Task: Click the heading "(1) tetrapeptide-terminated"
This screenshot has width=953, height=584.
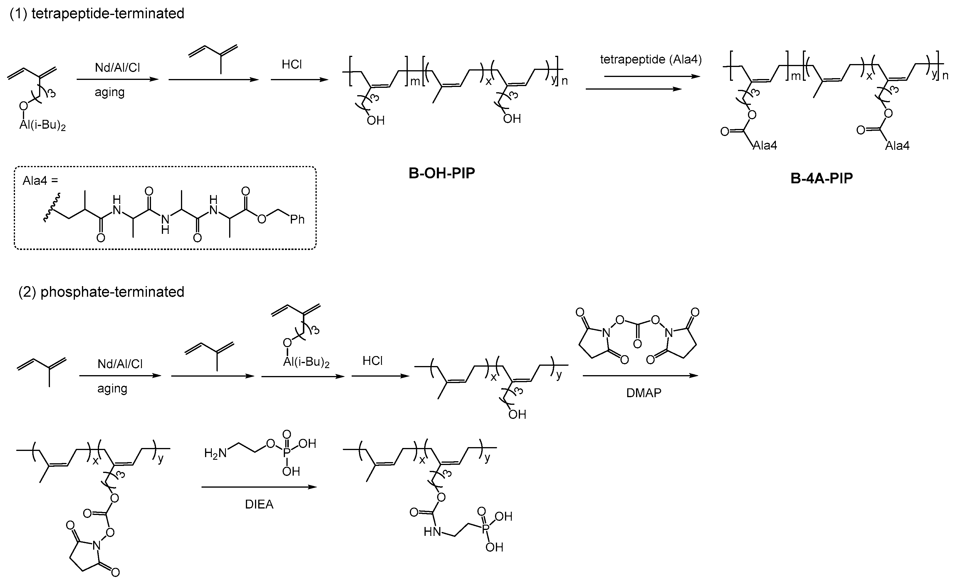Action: (97, 14)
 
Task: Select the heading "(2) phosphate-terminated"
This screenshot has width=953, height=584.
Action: (101, 292)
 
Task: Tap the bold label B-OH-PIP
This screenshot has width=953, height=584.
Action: (442, 173)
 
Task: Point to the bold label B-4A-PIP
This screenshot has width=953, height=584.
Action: (821, 178)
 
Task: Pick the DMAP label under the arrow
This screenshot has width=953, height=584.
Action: (644, 393)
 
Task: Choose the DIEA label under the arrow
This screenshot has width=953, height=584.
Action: (259, 504)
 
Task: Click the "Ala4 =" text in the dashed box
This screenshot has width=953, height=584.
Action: (40, 181)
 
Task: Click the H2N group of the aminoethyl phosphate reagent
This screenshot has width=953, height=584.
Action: (215, 453)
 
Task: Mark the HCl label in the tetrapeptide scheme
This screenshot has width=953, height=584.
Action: (292, 64)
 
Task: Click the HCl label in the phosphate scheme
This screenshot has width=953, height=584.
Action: (373, 361)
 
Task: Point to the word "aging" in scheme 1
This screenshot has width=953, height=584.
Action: (110, 92)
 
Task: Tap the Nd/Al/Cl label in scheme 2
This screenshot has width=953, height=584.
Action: (120, 364)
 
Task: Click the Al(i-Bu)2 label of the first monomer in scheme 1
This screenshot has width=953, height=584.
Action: (43, 126)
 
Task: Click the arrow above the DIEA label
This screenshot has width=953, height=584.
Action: (259, 487)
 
